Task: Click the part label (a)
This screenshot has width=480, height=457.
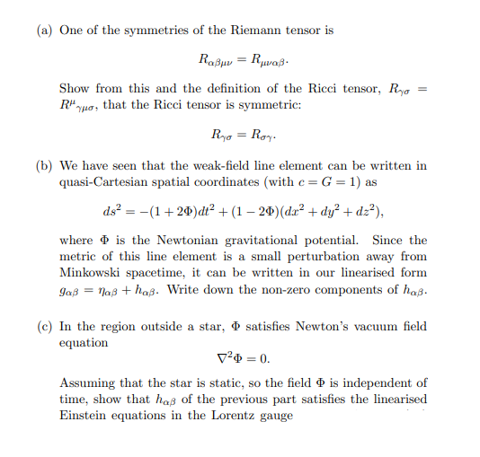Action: tap(45, 31)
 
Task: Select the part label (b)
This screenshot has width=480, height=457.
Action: tap(45, 165)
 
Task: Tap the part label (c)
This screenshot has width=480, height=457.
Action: tap(45, 327)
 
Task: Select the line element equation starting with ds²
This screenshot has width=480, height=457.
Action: tap(244, 211)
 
